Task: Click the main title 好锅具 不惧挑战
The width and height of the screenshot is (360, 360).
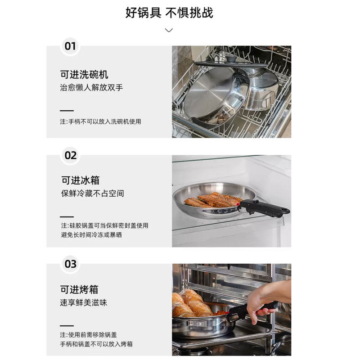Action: coord(169,13)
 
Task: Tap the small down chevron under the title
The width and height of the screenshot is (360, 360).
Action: coord(169,30)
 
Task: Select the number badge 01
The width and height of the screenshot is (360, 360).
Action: coord(70,46)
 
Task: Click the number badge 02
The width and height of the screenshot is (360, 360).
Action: coord(71,155)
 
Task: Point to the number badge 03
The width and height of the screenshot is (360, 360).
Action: coord(71,264)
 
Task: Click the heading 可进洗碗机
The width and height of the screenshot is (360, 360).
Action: coord(84,74)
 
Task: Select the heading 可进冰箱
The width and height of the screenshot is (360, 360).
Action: coord(80,180)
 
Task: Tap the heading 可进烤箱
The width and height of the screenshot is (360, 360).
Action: coord(79,289)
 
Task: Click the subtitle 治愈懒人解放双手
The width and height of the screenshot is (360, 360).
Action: coord(91,87)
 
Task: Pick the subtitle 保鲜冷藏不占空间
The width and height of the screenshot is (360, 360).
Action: coord(93,193)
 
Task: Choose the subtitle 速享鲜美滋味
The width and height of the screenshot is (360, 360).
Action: coord(84,302)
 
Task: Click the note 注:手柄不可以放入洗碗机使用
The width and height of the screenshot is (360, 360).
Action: coord(100,121)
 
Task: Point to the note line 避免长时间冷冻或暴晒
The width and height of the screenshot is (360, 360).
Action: coord(91,235)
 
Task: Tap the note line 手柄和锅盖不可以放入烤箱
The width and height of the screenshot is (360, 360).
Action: coord(96,344)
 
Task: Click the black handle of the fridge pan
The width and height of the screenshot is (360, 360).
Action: coord(264,208)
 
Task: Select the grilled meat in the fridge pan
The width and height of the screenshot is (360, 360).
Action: coord(212,200)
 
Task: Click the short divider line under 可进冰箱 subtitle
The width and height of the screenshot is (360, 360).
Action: coord(67,217)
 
